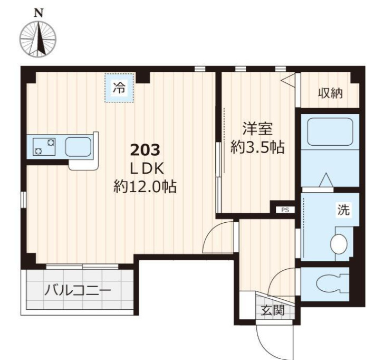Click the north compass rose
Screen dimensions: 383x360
point(38,39)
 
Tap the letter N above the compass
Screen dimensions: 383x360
point(39,13)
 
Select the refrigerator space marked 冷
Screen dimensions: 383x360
point(119,88)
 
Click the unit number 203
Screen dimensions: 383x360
point(145,150)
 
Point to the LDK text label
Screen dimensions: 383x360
point(147,168)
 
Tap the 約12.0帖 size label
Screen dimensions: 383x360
point(145,187)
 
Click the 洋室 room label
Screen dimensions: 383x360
point(257,129)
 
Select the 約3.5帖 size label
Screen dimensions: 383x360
point(257,147)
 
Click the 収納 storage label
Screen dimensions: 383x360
point(330,93)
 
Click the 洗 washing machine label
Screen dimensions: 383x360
point(343,210)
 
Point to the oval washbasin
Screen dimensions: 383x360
point(339,244)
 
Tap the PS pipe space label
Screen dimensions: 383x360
point(285,210)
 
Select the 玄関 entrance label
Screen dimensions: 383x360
point(273,310)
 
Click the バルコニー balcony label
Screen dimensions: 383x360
point(78,290)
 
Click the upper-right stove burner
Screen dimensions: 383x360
point(51,142)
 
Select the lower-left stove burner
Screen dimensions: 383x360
point(39,151)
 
